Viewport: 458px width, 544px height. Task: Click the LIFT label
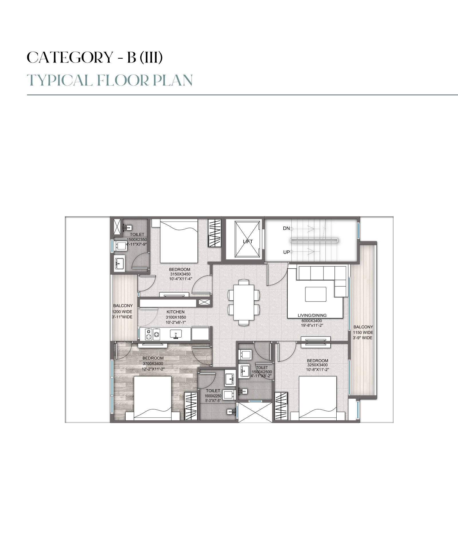point(248,241)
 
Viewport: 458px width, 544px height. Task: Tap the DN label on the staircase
point(286,228)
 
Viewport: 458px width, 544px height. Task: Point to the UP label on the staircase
point(286,252)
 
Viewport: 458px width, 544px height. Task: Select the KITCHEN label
point(175,312)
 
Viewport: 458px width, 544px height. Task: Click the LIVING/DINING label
point(312,315)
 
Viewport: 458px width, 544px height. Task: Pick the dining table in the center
point(244,303)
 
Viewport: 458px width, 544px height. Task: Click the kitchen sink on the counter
point(175,334)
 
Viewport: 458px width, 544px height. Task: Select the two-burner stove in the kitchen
point(152,334)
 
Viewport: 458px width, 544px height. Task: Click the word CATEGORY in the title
point(70,58)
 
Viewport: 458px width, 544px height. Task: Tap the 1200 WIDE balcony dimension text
point(123,312)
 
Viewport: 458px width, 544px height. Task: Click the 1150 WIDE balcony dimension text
point(363,332)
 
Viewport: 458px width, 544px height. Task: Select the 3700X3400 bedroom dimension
point(153,364)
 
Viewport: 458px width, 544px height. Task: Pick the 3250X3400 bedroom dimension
point(317,365)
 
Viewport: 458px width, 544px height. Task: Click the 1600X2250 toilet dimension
point(213,396)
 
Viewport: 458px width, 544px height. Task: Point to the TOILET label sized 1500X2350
point(137,234)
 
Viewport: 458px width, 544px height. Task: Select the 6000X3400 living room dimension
point(312,320)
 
